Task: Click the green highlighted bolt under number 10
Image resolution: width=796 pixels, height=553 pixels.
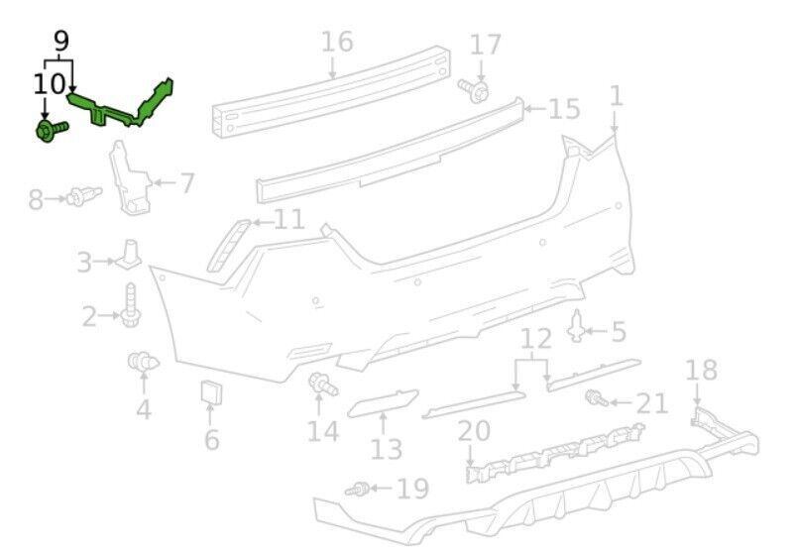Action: [x=52, y=130]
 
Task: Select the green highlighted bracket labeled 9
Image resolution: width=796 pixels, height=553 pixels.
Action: [x=120, y=108]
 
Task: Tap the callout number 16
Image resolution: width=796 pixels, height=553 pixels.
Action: [x=337, y=42]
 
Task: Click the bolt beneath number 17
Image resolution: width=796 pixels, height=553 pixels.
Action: [x=475, y=91]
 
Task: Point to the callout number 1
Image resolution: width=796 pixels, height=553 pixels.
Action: [x=617, y=95]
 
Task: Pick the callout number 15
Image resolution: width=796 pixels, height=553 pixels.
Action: [x=564, y=109]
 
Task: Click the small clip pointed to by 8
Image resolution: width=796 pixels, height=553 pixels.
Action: [x=84, y=195]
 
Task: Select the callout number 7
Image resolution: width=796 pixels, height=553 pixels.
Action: [x=186, y=183]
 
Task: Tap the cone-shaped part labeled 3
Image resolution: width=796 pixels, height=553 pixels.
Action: [x=129, y=254]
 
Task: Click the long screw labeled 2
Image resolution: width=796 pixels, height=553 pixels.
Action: [x=131, y=305]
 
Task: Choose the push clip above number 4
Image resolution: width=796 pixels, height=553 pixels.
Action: [x=143, y=361]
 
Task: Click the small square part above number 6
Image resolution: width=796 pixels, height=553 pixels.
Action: [x=212, y=392]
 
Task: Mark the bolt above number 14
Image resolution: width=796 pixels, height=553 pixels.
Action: [x=323, y=384]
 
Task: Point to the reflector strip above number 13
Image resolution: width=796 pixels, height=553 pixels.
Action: [x=384, y=403]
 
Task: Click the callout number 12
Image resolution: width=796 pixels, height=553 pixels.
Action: [x=536, y=338]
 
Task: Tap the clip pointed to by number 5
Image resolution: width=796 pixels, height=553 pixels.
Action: [x=576, y=326]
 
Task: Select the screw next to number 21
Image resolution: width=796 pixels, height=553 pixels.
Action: [x=597, y=397]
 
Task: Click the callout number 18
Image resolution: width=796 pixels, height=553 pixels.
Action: [x=701, y=370]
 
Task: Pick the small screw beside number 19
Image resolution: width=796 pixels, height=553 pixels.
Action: [x=357, y=490]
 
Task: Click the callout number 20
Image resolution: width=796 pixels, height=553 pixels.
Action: [x=474, y=431]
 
